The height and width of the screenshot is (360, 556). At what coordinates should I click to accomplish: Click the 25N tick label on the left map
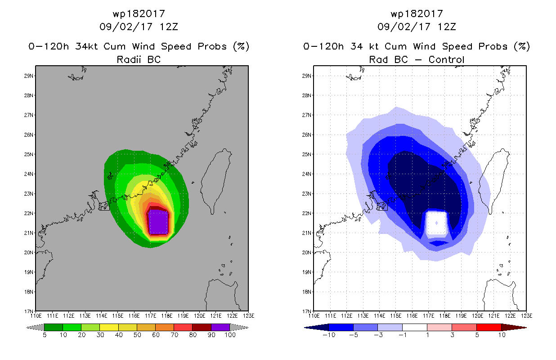point(28,154)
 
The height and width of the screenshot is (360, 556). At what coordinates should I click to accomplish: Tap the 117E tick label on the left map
point(150,316)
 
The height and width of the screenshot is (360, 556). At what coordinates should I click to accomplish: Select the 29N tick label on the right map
point(306,76)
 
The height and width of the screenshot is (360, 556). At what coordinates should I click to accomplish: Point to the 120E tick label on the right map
point(478,316)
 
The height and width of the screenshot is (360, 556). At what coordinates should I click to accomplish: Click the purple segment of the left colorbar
point(220,327)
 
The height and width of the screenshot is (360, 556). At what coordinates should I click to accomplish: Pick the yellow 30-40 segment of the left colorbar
point(109,327)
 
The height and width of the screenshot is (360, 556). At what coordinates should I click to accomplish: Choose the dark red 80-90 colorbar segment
point(202,327)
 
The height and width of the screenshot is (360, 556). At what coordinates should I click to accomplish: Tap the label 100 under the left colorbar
point(230,335)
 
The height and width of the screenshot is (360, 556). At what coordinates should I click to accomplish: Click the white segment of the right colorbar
point(415,327)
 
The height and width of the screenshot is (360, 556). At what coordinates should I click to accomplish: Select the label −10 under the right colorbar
point(329,335)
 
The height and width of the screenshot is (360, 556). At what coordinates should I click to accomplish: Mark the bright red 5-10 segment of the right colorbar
point(489,327)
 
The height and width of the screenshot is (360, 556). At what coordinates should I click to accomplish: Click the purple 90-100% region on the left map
point(158,222)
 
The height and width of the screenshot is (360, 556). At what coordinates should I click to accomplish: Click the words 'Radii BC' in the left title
point(139,59)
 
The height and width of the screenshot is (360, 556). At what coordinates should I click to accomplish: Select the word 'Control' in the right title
point(446,59)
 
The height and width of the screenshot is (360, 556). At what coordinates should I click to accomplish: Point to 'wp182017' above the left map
point(139,13)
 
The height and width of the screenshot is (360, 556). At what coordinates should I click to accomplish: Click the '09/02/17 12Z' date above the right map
point(417,27)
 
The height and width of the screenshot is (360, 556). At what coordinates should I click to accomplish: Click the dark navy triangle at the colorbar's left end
point(317,328)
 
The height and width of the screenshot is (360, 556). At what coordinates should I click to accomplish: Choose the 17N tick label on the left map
point(28,311)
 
